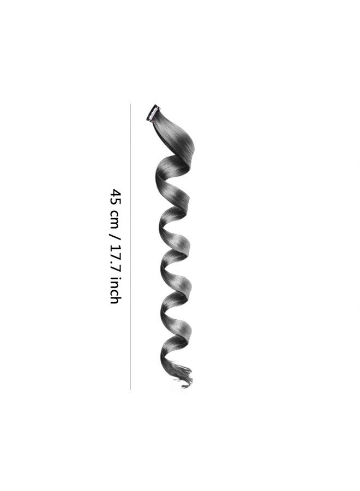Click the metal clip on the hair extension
152,113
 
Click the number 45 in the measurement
115,196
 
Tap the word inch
115,290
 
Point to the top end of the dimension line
130,104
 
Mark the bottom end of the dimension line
130,389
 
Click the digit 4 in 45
115,192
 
